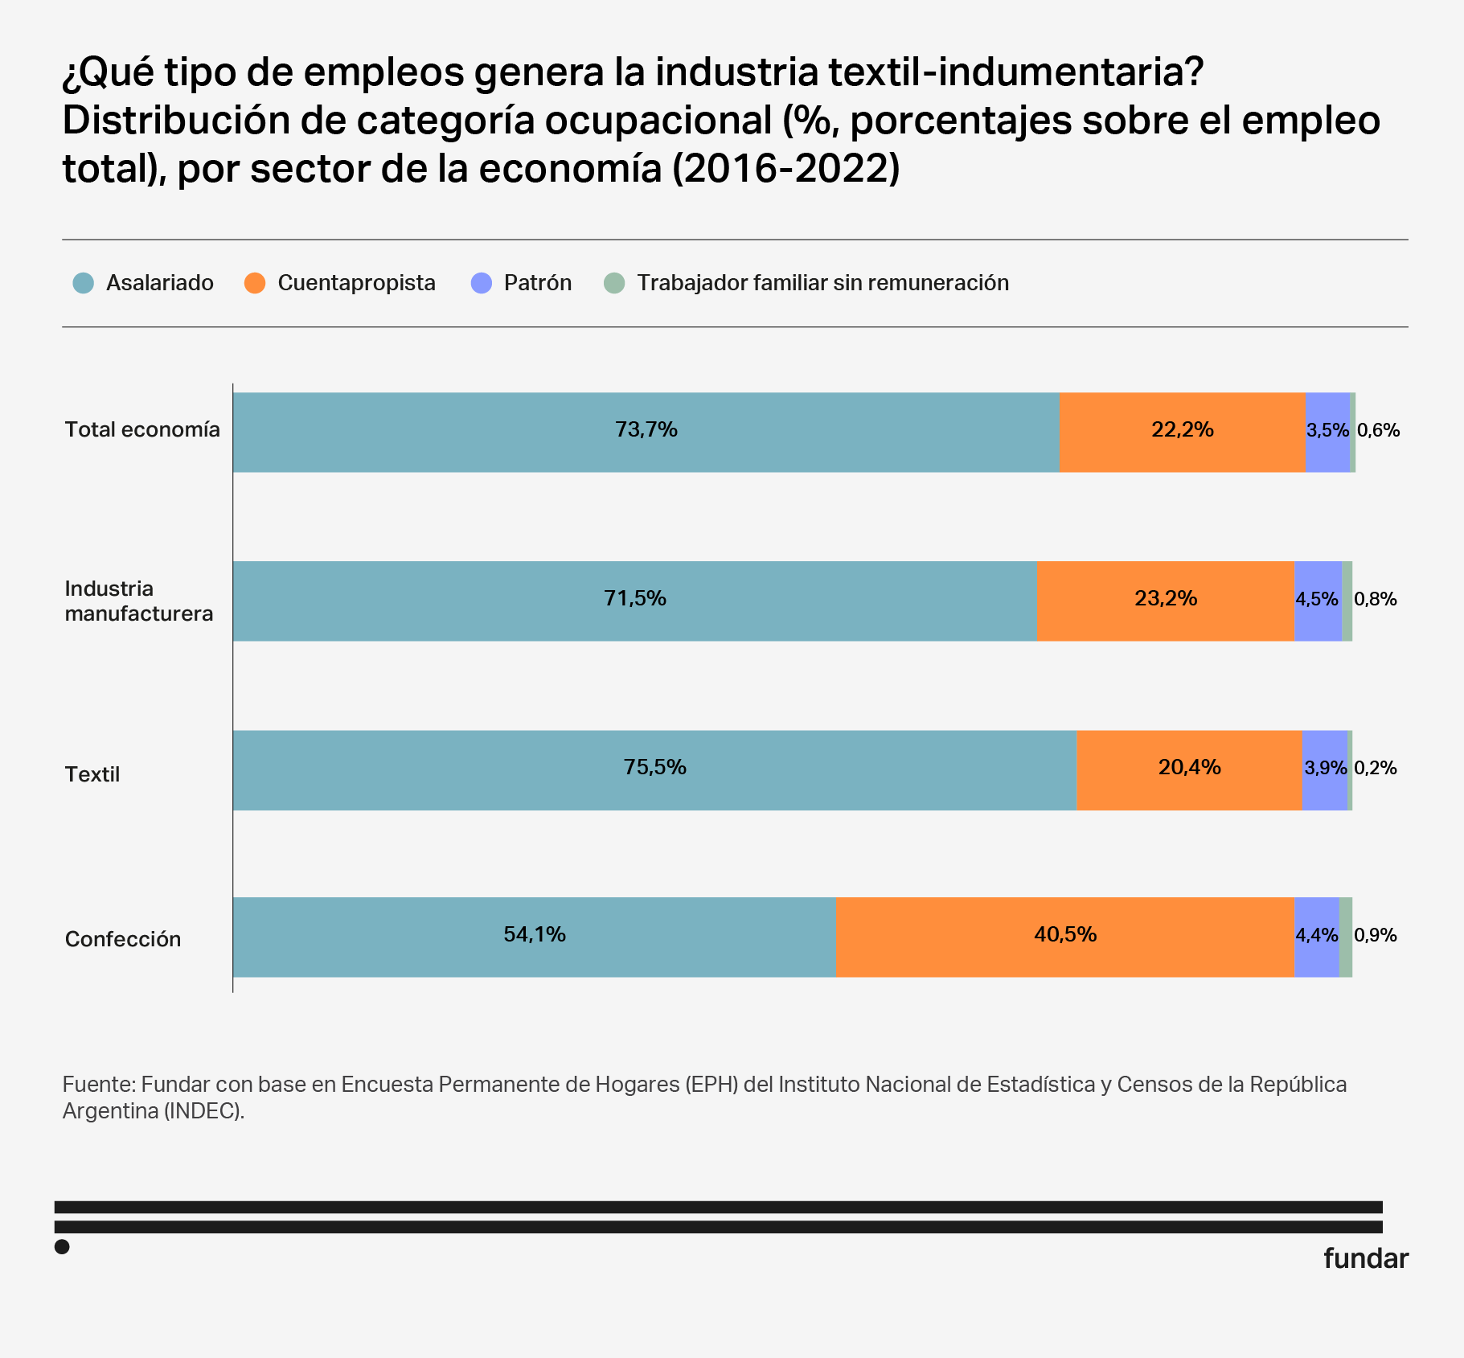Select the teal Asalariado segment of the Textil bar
click(x=654, y=788)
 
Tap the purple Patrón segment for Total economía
click(x=1327, y=450)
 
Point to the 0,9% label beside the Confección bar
click(x=1376, y=935)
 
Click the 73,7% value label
click(x=646, y=430)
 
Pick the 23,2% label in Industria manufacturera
click(x=1166, y=598)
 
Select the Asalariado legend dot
click(x=84, y=283)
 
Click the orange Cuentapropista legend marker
click(x=255, y=283)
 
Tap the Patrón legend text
click(x=537, y=283)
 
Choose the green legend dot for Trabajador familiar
click(x=614, y=283)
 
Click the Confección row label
click(x=123, y=939)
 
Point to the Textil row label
click(x=92, y=774)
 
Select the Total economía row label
click(x=142, y=429)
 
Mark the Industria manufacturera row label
click(x=139, y=601)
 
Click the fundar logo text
click(x=1365, y=1258)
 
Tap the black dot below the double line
click(x=62, y=1247)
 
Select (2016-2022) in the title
click(x=785, y=169)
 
